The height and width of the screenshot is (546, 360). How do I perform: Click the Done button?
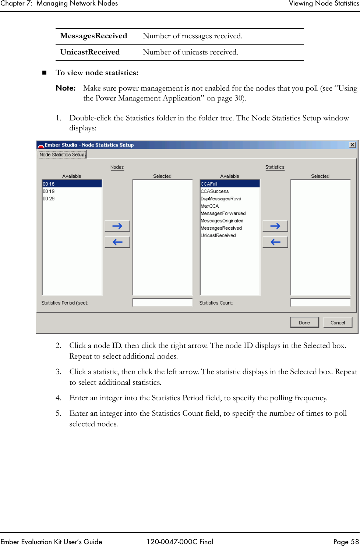click(x=304, y=323)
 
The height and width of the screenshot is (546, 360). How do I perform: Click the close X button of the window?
click(x=352, y=145)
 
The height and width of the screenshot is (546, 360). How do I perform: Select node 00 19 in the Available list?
click(x=49, y=191)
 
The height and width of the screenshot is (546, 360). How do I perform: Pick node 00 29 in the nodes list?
click(x=49, y=198)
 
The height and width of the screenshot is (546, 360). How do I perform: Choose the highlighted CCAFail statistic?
click(x=209, y=184)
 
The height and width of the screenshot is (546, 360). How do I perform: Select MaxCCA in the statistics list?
click(x=209, y=206)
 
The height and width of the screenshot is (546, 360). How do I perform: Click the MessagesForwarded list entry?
click(x=223, y=213)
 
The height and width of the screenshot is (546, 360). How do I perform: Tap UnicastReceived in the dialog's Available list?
click(x=218, y=235)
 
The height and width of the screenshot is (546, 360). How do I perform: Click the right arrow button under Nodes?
click(x=117, y=226)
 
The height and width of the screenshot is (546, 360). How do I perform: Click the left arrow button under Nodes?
click(x=117, y=242)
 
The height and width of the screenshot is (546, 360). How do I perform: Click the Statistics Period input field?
click(x=162, y=303)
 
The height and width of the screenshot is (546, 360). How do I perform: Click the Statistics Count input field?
click(x=320, y=303)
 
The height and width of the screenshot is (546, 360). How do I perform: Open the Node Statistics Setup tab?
click(x=62, y=155)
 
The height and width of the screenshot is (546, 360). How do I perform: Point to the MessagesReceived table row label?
click(x=93, y=36)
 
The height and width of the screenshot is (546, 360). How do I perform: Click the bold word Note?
click(x=66, y=88)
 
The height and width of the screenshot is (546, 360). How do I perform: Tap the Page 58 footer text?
click(x=346, y=541)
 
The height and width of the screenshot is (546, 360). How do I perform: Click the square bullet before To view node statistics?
click(x=45, y=73)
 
